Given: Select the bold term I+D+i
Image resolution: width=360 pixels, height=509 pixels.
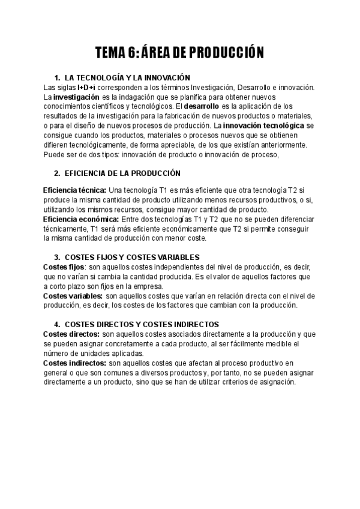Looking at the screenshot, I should pyautogui.click(x=86, y=88).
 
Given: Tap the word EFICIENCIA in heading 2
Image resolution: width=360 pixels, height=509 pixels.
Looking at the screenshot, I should pyautogui.click(x=88, y=173).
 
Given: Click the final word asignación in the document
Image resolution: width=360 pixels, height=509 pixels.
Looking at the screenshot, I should pyautogui.click(x=274, y=382).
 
